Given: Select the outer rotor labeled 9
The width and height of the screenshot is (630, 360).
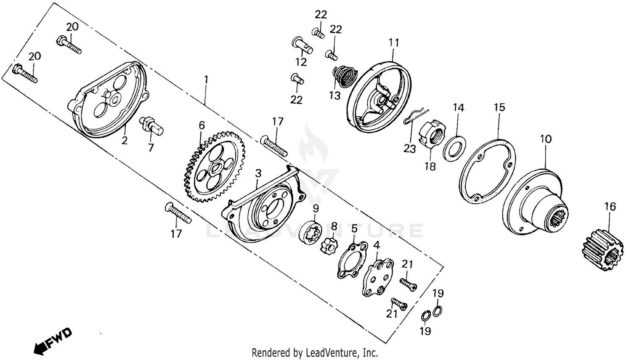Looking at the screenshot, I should click(311, 231).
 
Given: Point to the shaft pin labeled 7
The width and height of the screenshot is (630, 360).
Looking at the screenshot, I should click(152, 125).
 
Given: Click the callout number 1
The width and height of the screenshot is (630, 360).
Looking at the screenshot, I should click(206, 79).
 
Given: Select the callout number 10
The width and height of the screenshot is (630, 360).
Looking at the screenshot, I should click(546, 139).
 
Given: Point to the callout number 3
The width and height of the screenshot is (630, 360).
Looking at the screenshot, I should click(258, 173).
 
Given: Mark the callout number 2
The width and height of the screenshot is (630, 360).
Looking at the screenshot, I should click(124, 140).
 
